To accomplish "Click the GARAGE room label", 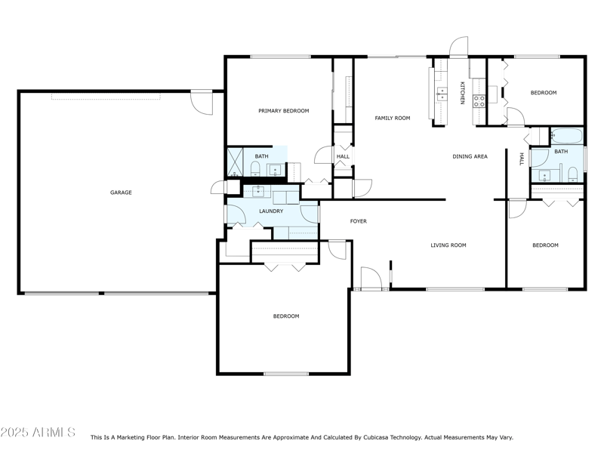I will pos(121,193).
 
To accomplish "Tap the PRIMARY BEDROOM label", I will pos(283,111).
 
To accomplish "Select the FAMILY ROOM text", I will pos(393,118).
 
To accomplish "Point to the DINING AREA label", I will pos(470,156).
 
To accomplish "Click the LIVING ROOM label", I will pos(448,245).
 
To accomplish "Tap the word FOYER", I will pos(358,221).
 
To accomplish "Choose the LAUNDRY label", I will pos(271,211).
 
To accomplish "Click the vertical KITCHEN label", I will pos(462,92).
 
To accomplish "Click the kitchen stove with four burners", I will pos(478,101).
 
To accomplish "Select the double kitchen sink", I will pos(442,94).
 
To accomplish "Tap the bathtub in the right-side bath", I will pos(566,137).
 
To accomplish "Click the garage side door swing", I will pos(202,102).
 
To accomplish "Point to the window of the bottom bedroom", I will pos(286,373).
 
